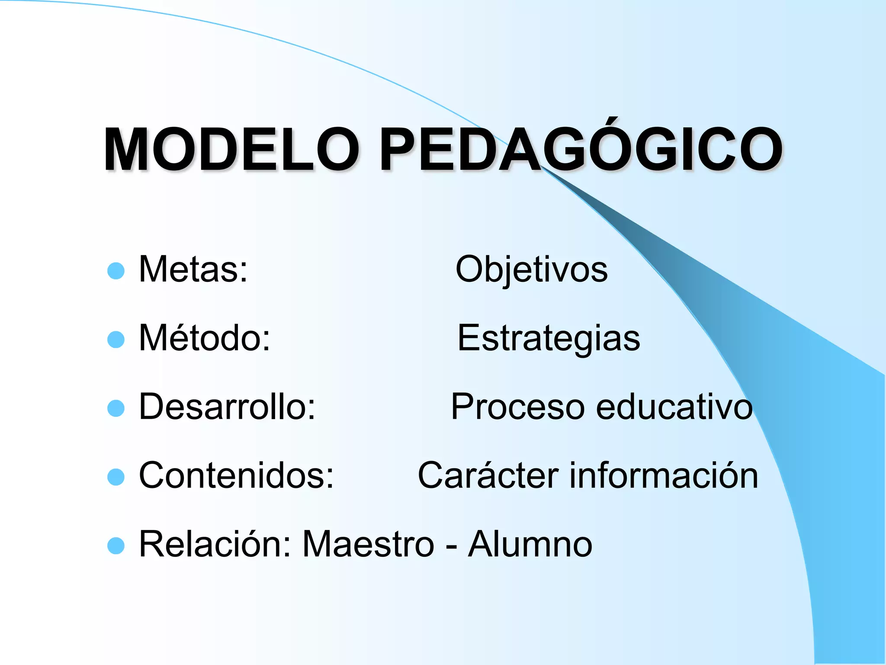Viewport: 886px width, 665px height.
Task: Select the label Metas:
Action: (x=193, y=269)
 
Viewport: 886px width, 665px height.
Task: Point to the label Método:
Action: (x=205, y=338)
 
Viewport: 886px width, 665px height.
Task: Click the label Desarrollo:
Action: (x=228, y=407)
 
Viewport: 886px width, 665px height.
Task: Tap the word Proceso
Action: (x=518, y=407)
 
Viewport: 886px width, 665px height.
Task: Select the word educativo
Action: (x=674, y=407)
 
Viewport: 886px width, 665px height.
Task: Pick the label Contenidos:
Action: (x=236, y=476)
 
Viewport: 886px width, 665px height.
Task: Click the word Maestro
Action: (x=368, y=545)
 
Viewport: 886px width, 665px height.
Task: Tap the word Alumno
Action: (x=530, y=545)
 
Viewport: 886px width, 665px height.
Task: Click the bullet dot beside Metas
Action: (x=116, y=271)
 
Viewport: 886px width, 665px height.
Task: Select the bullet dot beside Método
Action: (x=116, y=340)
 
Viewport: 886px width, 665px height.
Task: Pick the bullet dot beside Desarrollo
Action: (x=116, y=408)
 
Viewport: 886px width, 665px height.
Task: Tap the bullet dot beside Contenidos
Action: (x=116, y=477)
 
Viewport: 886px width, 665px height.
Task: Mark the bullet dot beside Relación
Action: (x=116, y=546)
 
